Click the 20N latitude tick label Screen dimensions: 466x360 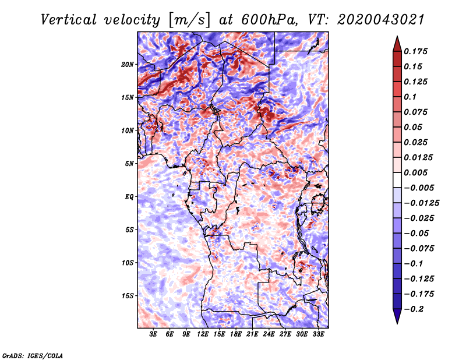click(x=128, y=65)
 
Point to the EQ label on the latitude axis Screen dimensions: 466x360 click(x=129, y=197)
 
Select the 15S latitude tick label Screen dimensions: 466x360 click(x=128, y=296)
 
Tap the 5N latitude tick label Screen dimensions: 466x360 click(x=129, y=164)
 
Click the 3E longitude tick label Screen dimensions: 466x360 click(x=153, y=334)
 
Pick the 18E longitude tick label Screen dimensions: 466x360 click(x=236, y=334)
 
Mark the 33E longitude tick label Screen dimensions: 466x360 click(x=318, y=334)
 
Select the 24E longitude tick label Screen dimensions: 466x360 click(x=269, y=334)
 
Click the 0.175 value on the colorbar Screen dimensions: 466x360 click(x=415, y=51)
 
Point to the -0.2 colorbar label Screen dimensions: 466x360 click(x=414, y=309)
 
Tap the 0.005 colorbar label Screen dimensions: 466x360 click(x=415, y=172)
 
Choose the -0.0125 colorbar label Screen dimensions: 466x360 click(x=421, y=203)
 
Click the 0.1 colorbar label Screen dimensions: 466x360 click(x=410, y=97)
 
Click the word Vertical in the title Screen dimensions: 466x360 click(x=69, y=20)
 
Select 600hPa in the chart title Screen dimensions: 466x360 click(x=269, y=20)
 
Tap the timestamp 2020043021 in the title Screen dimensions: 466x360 click(x=381, y=20)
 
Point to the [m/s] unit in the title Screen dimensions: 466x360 click(x=189, y=20)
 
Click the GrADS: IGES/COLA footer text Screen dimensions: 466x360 click(x=33, y=356)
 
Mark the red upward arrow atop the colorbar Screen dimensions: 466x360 click(x=397, y=44)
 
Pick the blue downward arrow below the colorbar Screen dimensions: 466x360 click(x=397, y=316)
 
